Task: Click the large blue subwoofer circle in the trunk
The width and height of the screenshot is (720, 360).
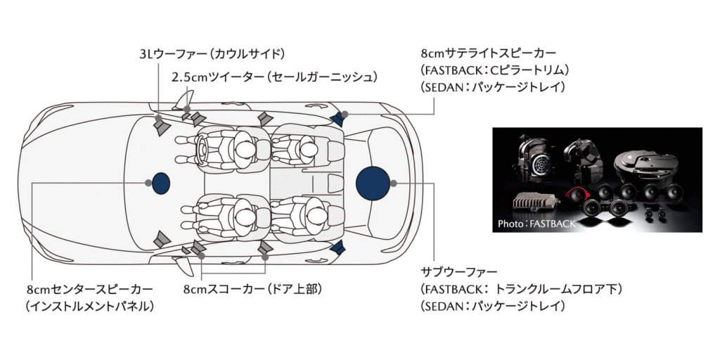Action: click(x=373, y=184)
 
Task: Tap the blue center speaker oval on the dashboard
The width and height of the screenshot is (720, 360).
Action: click(x=161, y=184)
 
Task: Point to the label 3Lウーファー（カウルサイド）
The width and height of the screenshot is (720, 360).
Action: click(x=212, y=54)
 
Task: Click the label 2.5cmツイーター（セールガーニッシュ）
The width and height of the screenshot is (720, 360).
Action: click(x=275, y=77)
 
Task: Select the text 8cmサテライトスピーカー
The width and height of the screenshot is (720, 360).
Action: click(x=489, y=53)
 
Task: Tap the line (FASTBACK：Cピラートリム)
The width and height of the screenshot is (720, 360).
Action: click(x=495, y=70)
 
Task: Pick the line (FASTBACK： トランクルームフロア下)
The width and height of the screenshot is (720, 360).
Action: click(x=521, y=289)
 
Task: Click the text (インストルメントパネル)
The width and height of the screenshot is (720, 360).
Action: click(x=89, y=307)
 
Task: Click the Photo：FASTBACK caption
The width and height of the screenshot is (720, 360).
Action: click(x=536, y=224)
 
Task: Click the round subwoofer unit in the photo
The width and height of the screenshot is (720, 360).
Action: click(x=647, y=163)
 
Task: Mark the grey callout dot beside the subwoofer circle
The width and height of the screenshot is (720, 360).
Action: click(x=394, y=184)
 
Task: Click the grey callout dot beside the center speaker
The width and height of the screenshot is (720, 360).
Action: click(x=148, y=184)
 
